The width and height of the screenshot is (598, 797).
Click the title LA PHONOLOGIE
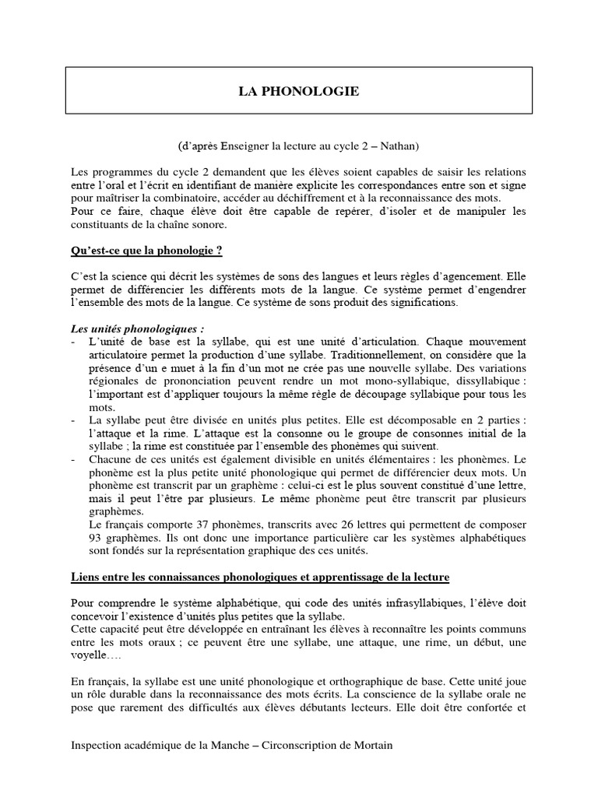299,92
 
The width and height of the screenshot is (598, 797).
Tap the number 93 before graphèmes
99,539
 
